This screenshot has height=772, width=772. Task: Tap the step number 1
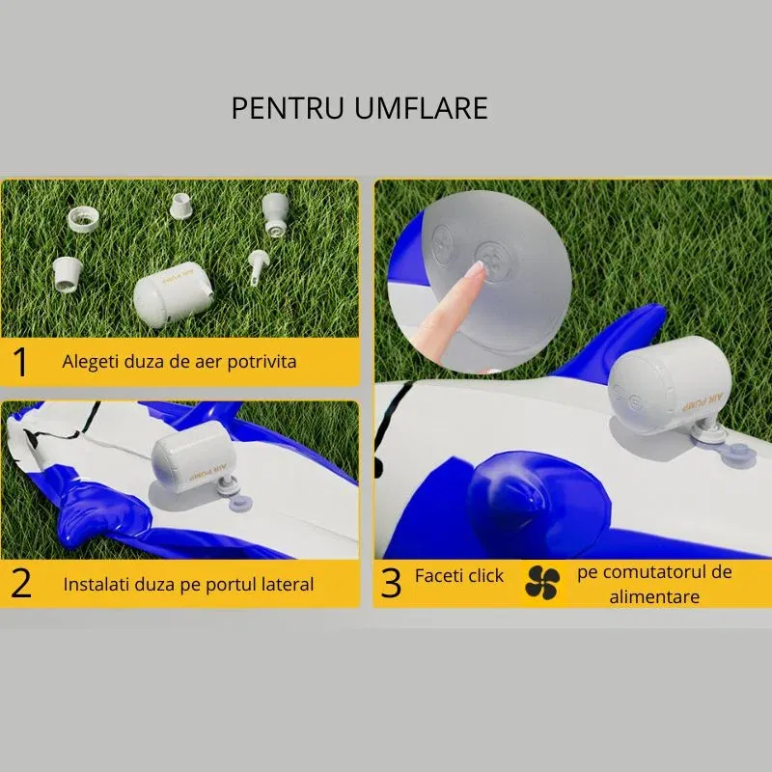point(20,362)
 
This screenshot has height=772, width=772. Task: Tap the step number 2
point(20,584)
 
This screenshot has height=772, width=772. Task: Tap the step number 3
point(391,584)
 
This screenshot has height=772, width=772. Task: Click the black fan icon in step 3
point(542,581)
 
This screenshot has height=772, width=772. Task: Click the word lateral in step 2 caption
point(283,584)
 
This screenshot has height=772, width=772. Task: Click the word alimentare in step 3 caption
point(653,596)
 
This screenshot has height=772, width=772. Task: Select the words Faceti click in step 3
point(459,575)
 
